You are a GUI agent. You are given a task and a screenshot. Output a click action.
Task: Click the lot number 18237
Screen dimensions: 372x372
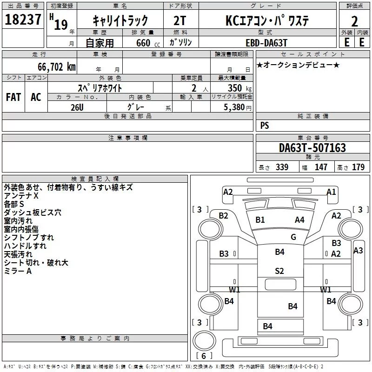click(23, 20)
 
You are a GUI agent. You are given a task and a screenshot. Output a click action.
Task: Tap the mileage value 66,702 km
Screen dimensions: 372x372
click(57, 67)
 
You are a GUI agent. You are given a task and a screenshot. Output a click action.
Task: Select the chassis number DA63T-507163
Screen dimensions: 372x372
click(312, 148)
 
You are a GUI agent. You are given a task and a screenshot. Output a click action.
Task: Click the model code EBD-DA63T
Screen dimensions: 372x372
click(266, 43)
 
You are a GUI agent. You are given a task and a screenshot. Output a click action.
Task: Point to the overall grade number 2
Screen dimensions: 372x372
click(354, 21)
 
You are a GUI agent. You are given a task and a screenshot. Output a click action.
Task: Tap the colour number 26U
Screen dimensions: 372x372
click(77, 107)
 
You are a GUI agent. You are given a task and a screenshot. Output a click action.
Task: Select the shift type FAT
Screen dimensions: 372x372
click(13, 97)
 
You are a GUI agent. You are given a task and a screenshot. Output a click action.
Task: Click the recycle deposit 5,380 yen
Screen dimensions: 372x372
click(238, 107)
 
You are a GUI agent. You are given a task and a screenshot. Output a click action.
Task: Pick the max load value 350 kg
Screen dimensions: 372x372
click(239, 88)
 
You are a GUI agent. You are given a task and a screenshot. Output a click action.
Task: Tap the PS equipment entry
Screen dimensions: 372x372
click(265, 125)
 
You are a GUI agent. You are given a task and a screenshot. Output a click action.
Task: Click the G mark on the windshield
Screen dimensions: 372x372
click(293, 237)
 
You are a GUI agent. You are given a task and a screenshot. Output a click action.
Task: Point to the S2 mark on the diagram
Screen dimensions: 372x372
click(279, 271)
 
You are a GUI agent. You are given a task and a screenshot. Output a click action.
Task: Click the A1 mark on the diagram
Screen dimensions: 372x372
click(331, 192)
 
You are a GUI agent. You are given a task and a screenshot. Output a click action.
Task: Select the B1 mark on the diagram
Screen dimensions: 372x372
click(260, 219)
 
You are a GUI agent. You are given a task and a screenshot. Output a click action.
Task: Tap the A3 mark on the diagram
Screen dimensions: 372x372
click(358, 250)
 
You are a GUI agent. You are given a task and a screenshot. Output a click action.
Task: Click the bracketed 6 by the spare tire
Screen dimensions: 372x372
click(204, 356)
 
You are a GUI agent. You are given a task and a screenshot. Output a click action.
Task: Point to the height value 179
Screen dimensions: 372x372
click(358, 167)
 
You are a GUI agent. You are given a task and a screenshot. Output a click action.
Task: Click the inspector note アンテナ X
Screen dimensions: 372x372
click(21, 196)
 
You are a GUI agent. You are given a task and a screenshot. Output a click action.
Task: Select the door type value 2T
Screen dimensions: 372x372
click(179, 20)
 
